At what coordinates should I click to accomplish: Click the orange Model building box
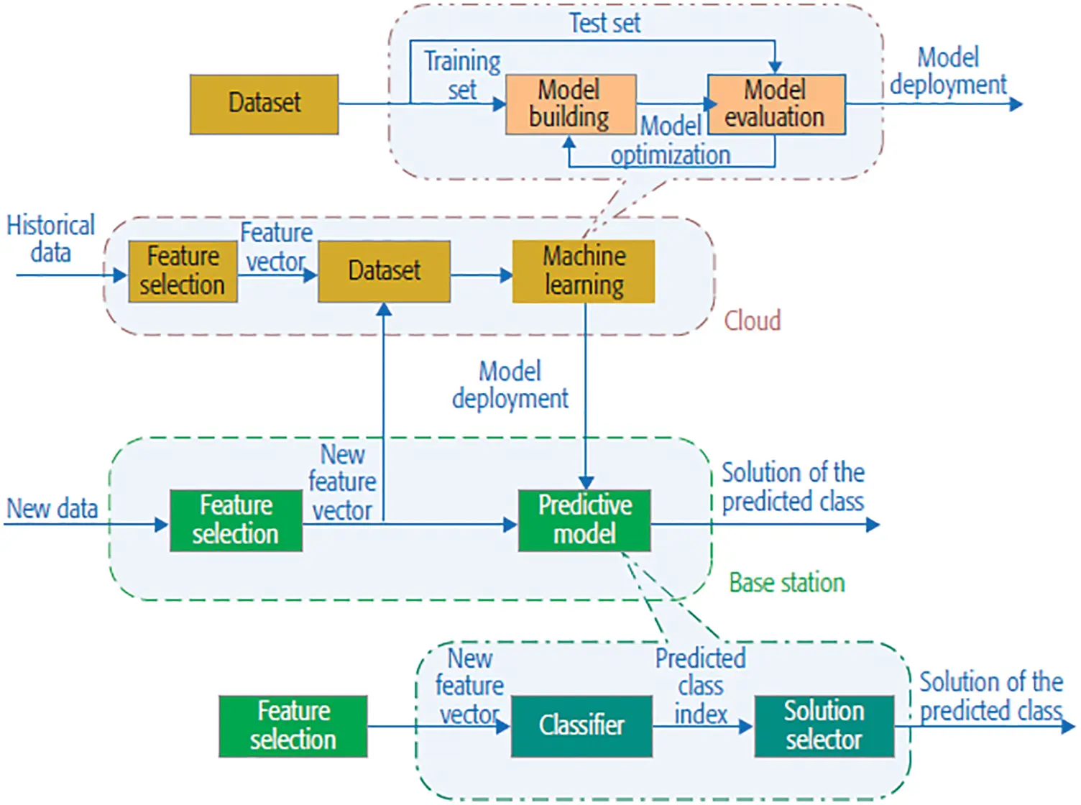[x=571, y=105]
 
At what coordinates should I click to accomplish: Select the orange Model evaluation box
[x=776, y=105]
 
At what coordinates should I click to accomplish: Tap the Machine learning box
[x=584, y=271]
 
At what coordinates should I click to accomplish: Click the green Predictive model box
[x=584, y=520]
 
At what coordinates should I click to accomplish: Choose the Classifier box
[x=581, y=726]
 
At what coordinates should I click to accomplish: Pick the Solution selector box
[x=824, y=726]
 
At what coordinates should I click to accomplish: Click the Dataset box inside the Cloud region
[x=385, y=271]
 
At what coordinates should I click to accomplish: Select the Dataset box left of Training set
[x=264, y=104]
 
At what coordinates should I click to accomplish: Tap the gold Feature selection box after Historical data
[x=183, y=271]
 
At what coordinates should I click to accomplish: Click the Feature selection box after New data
[x=236, y=520]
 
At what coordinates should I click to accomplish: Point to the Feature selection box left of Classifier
[x=293, y=726]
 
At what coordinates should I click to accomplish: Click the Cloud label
[x=752, y=321]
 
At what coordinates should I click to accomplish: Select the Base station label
[x=787, y=583]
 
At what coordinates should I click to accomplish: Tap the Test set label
[x=604, y=23]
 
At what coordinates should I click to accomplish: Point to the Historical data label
[x=50, y=239]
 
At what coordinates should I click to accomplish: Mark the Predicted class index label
[x=700, y=686]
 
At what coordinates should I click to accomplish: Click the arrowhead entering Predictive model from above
[x=586, y=482]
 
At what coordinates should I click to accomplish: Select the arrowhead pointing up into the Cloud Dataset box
[x=385, y=310]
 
